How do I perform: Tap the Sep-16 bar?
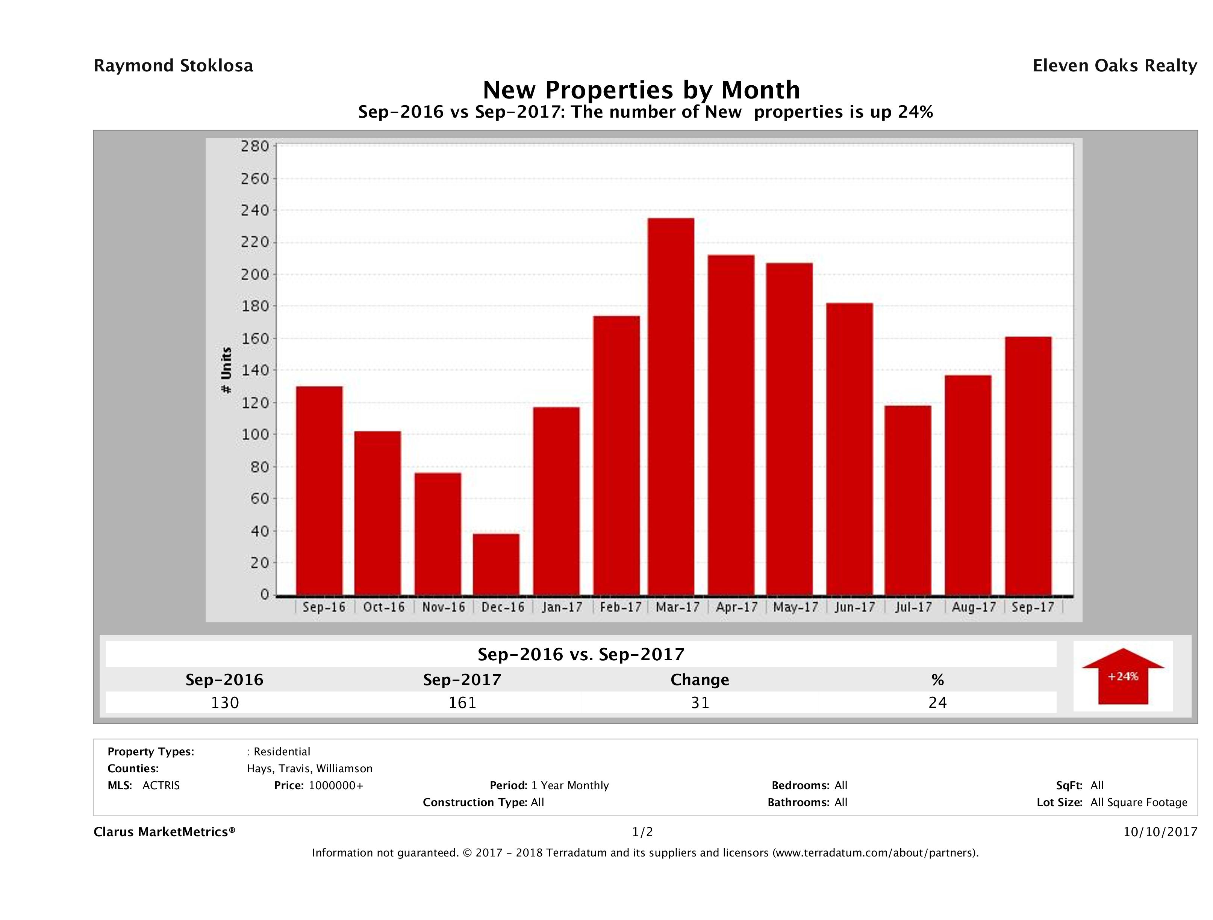click(x=319, y=491)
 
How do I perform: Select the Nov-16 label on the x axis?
click(x=443, y=607)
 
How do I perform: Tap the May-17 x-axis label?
click(x=795, y=607)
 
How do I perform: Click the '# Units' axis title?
click(x=226, y=370)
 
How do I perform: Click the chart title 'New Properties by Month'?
click(x=641, y=89)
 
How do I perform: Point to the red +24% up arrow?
click(x=1122, y=676)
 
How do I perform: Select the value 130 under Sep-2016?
click(x=225, y=703)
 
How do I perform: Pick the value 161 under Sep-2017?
click(x=462, y=703)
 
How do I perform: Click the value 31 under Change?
click(x=700, y=703)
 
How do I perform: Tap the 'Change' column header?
click(x=700, y=680)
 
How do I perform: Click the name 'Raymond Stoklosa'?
click(x=173, y=66)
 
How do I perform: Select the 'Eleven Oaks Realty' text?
click(x=1114, y=66)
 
